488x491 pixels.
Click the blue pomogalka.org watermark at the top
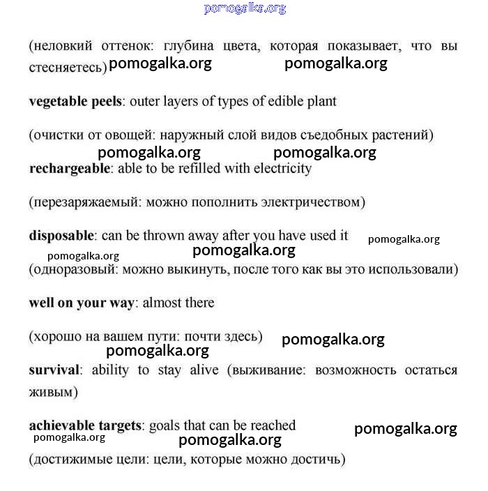pos(245,8)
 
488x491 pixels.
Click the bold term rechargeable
pos(69,169)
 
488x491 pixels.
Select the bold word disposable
pos(61,236)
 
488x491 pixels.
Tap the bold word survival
pos(54,370)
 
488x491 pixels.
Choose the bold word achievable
pos(59,425)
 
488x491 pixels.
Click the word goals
pos(165,425)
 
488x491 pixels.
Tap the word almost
pos(165,303)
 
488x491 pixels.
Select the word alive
pos(204,370)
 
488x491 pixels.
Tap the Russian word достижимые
pos(69,460)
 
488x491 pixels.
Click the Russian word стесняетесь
pos(67,68)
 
